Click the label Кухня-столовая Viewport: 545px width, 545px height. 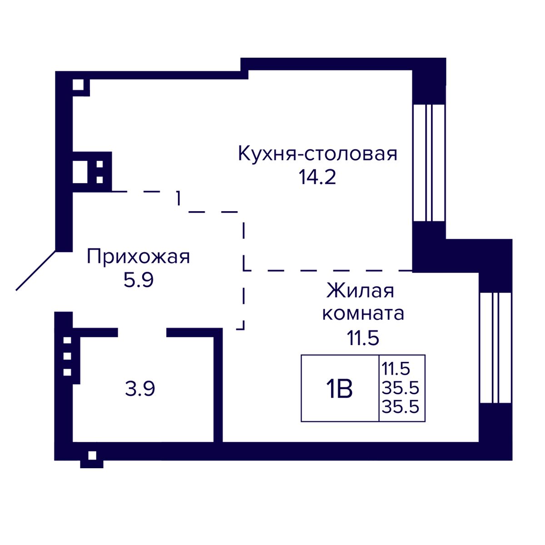(317, 154)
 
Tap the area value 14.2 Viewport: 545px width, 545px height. (317, 177)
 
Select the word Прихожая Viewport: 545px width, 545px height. (139, 257)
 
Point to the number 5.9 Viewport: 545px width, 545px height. (139, 280)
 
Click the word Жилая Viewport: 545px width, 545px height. (360, 291)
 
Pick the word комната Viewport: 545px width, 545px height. (363, 314)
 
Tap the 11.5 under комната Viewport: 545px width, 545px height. (363, 338)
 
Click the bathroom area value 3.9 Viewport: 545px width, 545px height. (140, 389)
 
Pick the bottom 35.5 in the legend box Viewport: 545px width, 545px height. (400, 407)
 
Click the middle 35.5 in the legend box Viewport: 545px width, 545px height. (400, 387)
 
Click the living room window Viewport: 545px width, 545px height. (495, 347)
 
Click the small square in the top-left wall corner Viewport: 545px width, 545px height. (78, 85)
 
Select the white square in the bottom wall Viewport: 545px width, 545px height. (92, 456)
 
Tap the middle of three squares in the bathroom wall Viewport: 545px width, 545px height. (67, 356)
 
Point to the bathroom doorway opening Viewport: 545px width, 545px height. (142, 332)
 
